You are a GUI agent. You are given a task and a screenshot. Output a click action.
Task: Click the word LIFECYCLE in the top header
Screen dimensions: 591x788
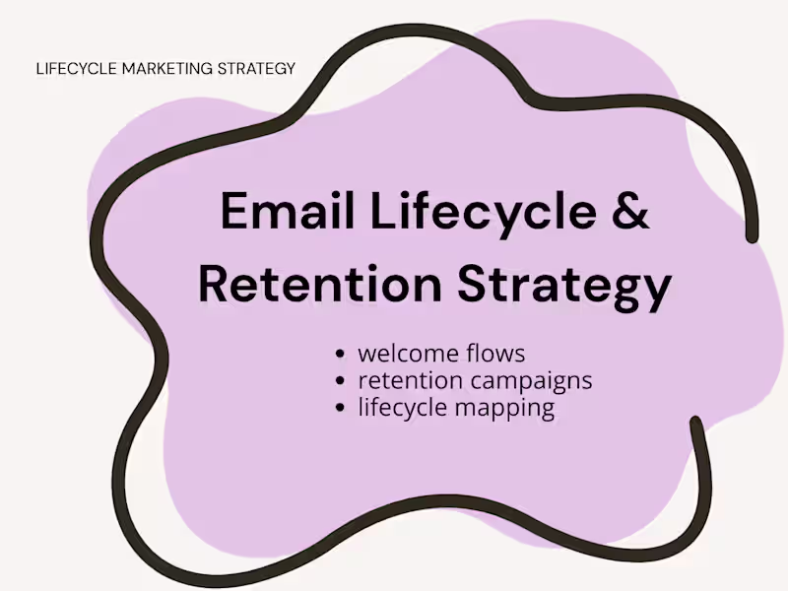[x=75, y=69]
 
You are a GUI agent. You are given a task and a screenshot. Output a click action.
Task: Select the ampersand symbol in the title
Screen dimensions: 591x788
[x=631, y=212]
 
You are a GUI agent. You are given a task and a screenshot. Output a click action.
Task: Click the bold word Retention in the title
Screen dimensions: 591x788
[x=320, y=284]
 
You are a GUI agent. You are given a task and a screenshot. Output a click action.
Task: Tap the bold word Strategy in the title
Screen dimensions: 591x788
[x=564, y=284]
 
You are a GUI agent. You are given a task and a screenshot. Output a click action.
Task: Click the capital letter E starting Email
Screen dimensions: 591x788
[x=233, y=212]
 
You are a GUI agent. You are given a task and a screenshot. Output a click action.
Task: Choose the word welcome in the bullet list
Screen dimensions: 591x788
[x=405, y=353]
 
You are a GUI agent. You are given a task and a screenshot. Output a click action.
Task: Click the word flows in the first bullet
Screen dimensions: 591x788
[x=492, y=353]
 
